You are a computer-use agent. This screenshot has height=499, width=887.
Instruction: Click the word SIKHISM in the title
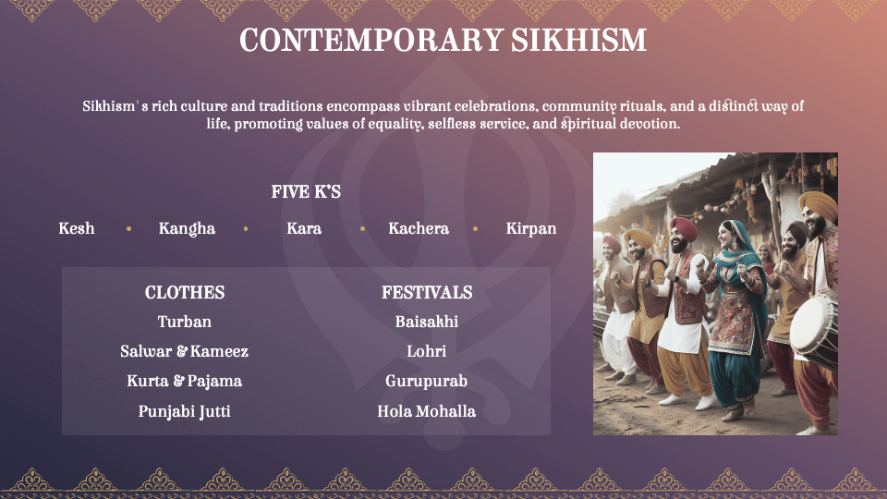pos(578,40)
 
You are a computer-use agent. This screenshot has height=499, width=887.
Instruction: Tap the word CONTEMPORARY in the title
pos(371,40)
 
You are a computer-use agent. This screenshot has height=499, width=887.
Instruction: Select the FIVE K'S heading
pos(306,192)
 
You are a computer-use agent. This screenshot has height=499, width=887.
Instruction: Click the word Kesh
pos(77,228)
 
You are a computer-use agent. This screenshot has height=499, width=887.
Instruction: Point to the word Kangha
pos(187,229)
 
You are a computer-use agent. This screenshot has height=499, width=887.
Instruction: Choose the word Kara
pos(304,228)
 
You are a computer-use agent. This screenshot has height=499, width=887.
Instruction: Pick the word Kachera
pos(419,228)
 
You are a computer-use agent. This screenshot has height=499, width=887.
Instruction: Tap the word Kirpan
pos(531,229)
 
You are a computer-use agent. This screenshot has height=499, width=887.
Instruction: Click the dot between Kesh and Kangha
pos(129,229)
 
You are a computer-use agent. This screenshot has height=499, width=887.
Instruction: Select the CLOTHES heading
pos(185,293)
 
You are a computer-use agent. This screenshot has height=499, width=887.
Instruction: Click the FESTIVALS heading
pos(427,293)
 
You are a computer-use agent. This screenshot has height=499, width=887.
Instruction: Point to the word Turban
pos(185,322)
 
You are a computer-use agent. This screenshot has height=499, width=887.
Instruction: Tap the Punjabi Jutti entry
pos(185,412)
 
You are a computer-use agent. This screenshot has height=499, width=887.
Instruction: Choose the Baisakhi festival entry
pos(427,322)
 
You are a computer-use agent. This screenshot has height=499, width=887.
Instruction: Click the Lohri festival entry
pos(427,351)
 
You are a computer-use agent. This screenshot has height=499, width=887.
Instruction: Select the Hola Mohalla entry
pos(427,411)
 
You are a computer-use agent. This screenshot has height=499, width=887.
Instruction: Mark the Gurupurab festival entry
pos(427,382)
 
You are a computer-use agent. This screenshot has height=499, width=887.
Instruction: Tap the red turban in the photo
pos(684,227)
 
